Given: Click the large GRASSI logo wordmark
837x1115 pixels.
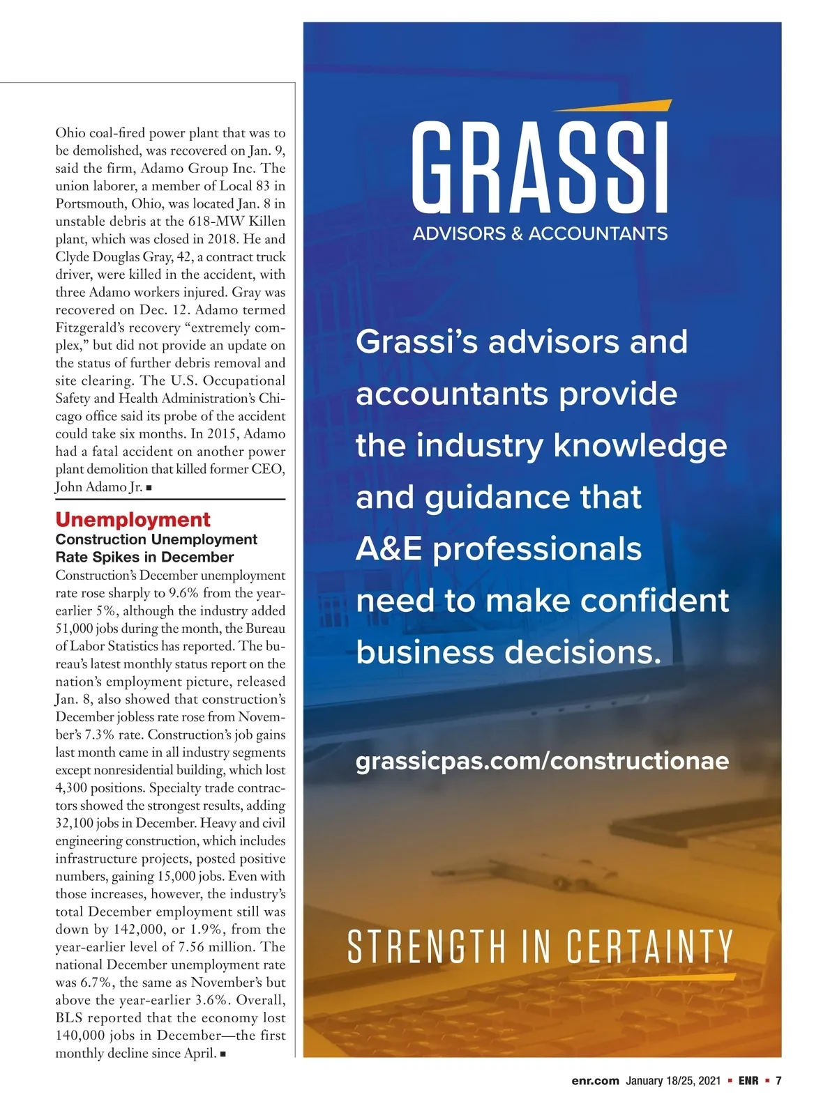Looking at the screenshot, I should pyautogui.click(x=540, y=168).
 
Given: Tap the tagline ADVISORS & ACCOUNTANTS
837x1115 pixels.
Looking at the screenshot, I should pyautogui.click(x=540, y=233).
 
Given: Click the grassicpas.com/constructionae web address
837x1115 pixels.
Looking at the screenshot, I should pyautogui.click(x=542, y=760).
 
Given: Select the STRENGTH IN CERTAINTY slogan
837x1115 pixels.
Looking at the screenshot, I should pyautogui.click(x=540, y=947).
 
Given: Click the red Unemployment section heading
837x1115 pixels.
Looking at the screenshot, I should pyautogui.click(x=133, y=519).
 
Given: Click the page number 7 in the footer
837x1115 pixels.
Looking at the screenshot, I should pyautogui.click(x=778, y=1081).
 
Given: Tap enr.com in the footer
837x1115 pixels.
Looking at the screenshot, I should pyautogui.click(x=595, y=1081).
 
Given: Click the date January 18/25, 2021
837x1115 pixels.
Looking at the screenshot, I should pyautogui.click(x=672, y=1081).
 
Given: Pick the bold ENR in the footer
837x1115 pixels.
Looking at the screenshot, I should pyautogui.click(x=748, y=1081).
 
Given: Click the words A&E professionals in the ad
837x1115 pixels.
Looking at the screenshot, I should pyautogui.click(x=499, y=549).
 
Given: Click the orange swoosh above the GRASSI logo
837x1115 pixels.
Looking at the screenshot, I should pyautogui.click(x=612, y=106).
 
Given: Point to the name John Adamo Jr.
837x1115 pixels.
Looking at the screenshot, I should pyautogui.click(x=98, y=486).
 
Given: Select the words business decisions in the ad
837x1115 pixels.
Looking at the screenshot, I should pyautogui.click(x=508, y=652).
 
